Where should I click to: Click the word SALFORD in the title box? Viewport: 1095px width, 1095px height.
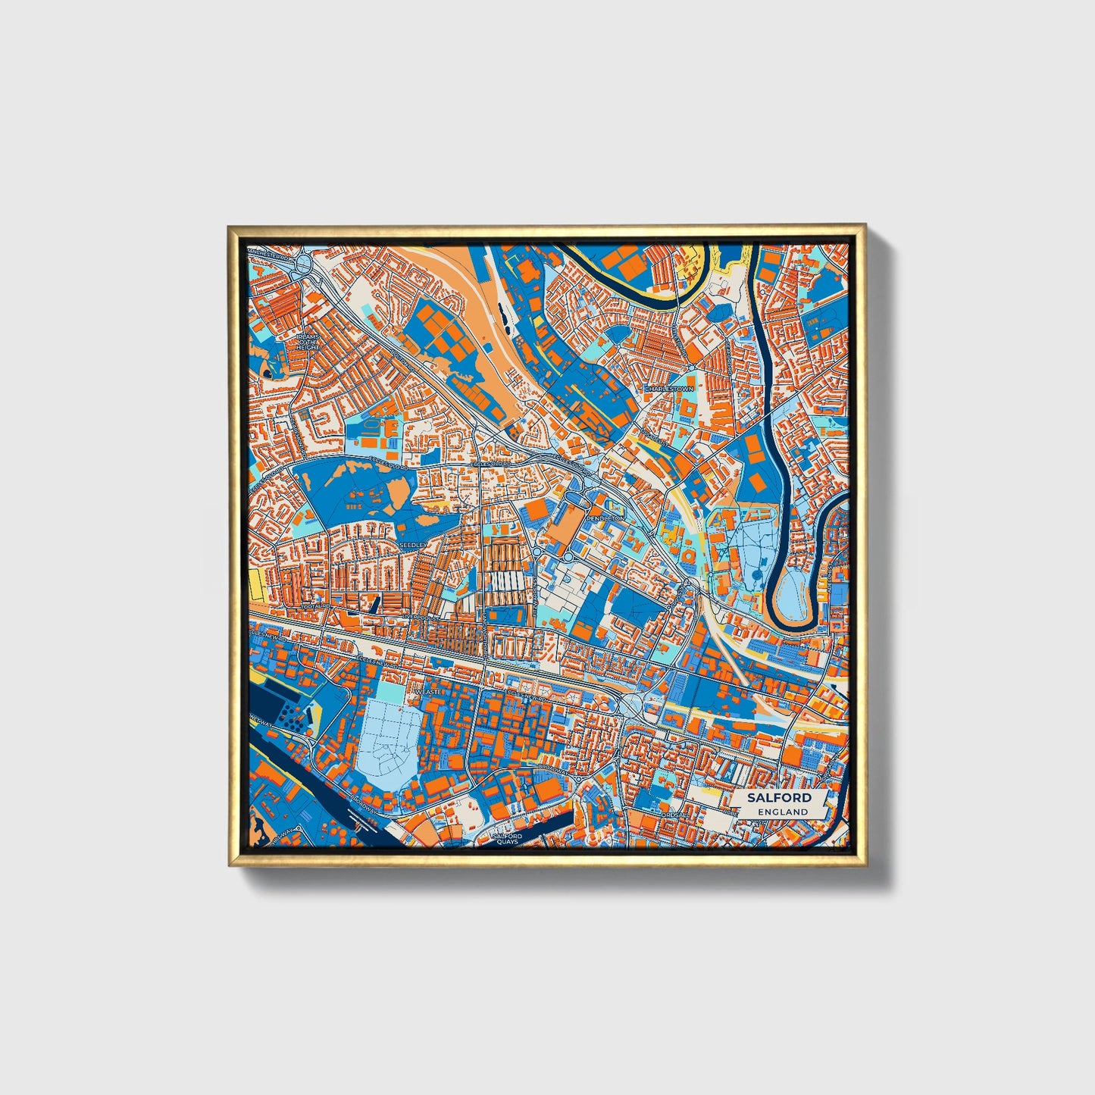(778, 798)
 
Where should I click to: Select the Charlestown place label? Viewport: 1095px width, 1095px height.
(669, 389)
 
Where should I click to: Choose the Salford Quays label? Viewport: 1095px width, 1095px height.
(508, 839)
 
